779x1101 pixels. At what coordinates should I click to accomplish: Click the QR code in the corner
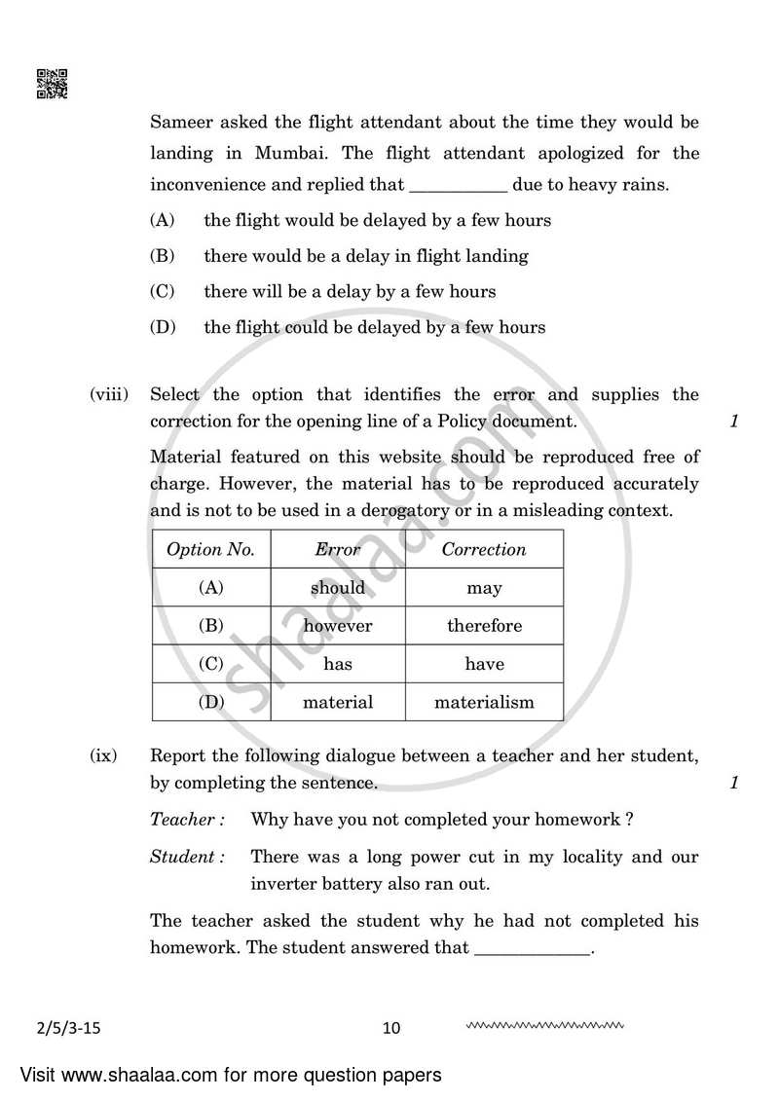click(53, 84)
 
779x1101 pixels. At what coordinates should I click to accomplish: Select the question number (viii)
click(109, 394)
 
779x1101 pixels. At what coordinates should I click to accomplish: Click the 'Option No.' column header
click(210, 549)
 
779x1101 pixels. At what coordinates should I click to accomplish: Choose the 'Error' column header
click(338, 549)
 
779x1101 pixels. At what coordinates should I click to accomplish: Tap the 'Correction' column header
click(484, 549)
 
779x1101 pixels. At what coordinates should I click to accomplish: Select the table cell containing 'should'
click(338, 588)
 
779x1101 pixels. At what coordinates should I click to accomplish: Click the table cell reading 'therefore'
click(484, 626)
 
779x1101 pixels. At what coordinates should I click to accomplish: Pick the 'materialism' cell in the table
click(484, 702)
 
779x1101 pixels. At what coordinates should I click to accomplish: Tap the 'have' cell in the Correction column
click(484, 664)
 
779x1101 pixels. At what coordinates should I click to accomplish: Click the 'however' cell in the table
click(338, 626)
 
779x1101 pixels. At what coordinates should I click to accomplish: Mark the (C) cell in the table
click(210, 664)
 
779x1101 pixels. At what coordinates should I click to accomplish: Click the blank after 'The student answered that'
click(534, 948)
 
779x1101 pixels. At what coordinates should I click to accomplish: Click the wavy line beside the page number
click(544, 1025)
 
